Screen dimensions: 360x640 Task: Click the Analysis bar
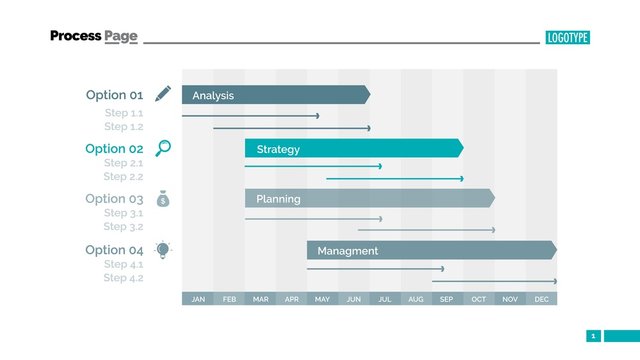pyautogui.click(x=275, y=95)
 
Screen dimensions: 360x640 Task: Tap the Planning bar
pyautogui.click(x=369, y=199)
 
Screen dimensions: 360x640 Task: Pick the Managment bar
pyautogui.click(x=431, y=250)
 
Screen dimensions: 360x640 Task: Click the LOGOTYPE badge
pyautogui.click(x=568, y=37)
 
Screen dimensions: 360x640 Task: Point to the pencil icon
pyautogui.click(x=163, y=94)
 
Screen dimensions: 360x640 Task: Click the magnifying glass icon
pyautogui.click(x=163, y=148)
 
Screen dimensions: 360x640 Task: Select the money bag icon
pyautogui.click(x=163, y=199)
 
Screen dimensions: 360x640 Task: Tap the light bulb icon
pyautogui.click(x=163, y=249)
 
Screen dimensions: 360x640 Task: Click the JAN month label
pyautogui.click(x=198, y=299)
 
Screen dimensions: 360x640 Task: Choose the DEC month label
pyautogui.click(x=541, y=299)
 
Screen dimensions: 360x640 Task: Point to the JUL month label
pyautogui.click(x=385, y=299)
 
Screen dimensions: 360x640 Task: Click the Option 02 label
pyautogui.click(x=114, y=149)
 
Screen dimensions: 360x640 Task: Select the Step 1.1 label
pyautogui.click(x=124, y=113)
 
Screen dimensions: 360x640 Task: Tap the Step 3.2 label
pyautogui.click(x=124, y=227)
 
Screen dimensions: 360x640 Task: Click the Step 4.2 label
pyautogui.click(x=124, y=278)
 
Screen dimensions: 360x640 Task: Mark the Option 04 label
pyautogui.click(x=114, y=250)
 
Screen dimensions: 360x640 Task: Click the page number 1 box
pyautogui.click(x=593, y=336)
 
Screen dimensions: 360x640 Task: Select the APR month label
pyautogui.click(x=291, y=299)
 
